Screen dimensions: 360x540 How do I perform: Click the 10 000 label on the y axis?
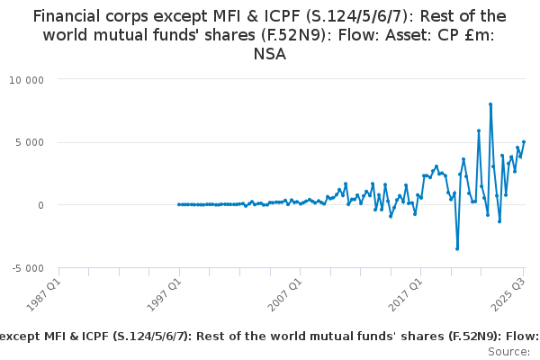click(x=27, y=79)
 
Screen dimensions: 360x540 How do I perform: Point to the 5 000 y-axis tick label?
click(x=30, y=142)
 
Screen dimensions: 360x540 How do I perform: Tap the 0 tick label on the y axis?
click(x=41, y=205)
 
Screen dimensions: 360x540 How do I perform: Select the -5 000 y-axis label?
click(x=28, y=268)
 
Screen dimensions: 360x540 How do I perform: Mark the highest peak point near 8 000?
click(x=490, y=104)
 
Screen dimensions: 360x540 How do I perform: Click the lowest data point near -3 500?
click(x=457, y=248)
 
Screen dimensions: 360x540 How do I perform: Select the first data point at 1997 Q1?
click(x=179, y=204)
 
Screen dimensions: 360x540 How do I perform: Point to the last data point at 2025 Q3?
click(x=524, y=141)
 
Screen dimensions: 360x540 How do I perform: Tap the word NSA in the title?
click(x=270, y=54)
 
